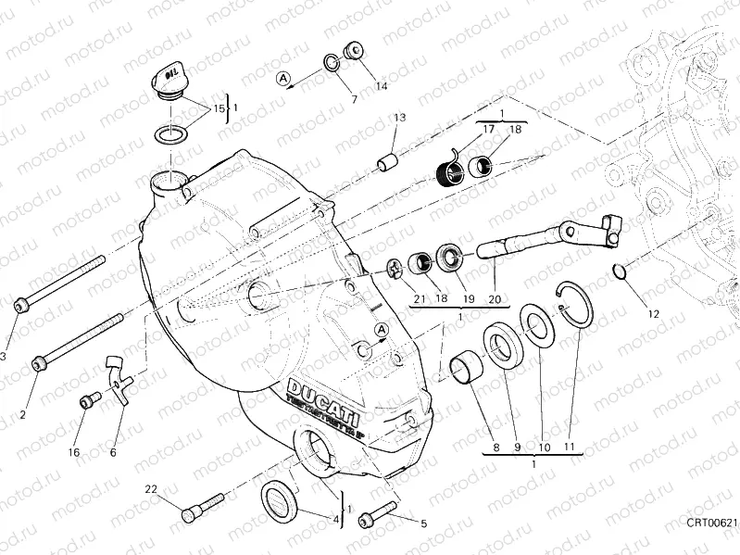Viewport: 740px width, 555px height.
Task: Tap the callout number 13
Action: pos(399,118)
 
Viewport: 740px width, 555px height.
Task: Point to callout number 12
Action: pos(653,313)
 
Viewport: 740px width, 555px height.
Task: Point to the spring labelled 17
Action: pos(449,170)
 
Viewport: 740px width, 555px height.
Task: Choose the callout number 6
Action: pos(112,453)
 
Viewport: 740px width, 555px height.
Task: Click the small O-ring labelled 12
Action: pos(620,271)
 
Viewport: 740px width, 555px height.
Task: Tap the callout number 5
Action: pos(423,523)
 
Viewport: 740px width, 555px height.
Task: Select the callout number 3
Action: pos(3,356)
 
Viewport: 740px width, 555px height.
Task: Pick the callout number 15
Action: pos(219,108)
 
